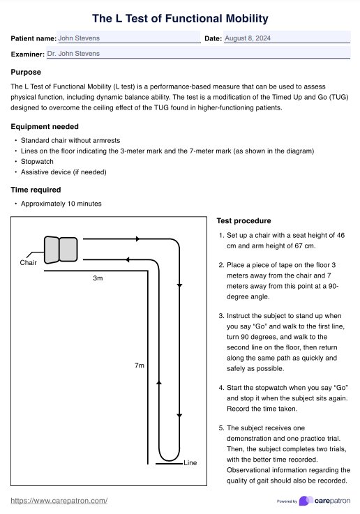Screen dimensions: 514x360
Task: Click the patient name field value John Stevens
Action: pos(79,39)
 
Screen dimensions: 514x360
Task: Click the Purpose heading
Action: pos(26,72)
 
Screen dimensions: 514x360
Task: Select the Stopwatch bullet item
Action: pos(37,161)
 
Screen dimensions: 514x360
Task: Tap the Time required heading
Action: pos(36,189)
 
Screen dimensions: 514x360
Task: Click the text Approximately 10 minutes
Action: pos(61,204)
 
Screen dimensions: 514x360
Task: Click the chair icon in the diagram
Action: pos(60,249)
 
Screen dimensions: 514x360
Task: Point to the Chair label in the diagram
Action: pos(28,263)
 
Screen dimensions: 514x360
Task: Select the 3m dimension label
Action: pos(98,278)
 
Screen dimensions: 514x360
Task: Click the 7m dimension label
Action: pos(140,365)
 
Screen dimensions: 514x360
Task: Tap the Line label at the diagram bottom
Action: pos(190,463)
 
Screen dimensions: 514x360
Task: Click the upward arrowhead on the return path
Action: pos(160,383)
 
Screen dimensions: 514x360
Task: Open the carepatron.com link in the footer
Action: pos(59,501)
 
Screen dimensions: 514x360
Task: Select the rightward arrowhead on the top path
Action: pos(137,239)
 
